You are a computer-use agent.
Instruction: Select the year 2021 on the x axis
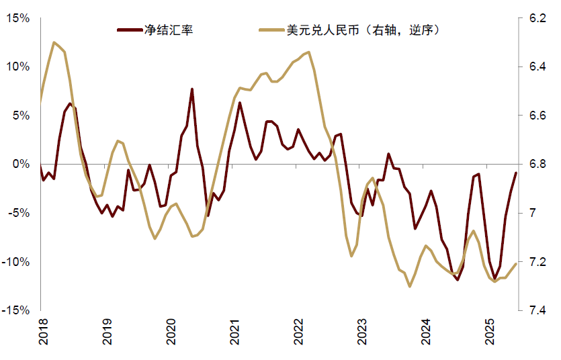234,332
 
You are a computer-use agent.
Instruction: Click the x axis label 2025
489,332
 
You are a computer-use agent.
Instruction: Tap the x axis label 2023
362,332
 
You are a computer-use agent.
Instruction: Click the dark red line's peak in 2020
191,89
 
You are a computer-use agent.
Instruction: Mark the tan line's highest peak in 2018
54,42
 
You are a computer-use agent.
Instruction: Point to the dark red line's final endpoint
516,173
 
